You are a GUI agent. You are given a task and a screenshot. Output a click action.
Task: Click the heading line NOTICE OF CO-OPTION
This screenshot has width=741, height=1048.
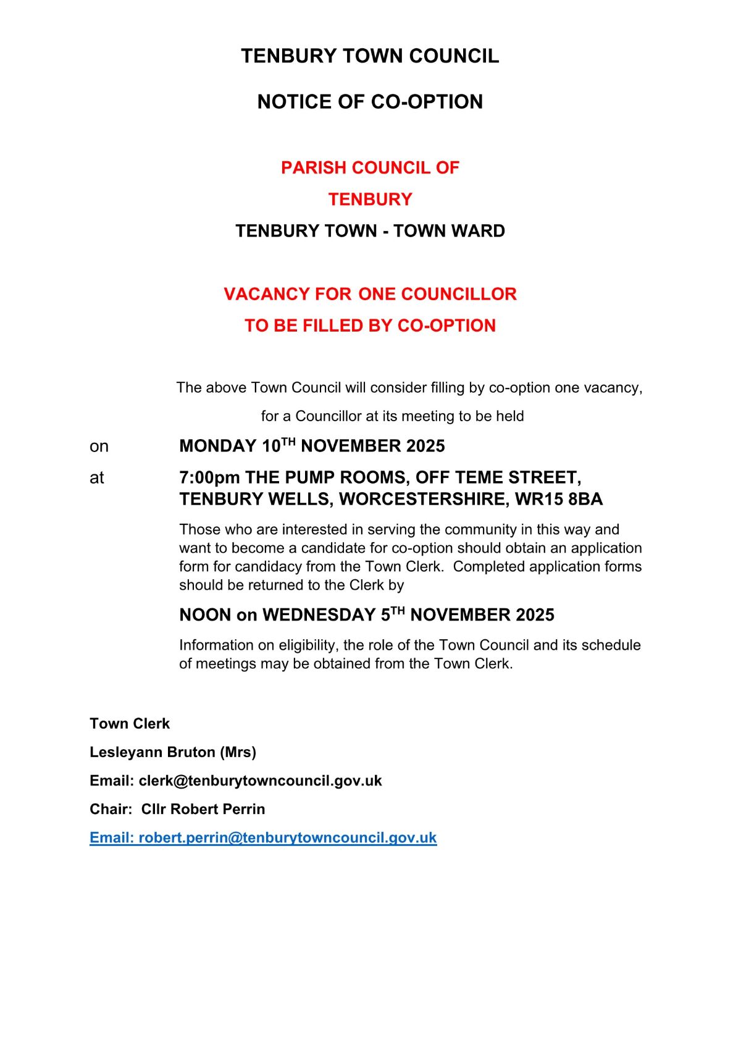pos(370,102)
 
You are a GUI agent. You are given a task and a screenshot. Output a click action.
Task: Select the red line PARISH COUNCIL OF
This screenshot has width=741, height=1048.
pos(370,168)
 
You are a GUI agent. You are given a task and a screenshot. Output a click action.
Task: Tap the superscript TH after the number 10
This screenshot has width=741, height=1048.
pos(288,441)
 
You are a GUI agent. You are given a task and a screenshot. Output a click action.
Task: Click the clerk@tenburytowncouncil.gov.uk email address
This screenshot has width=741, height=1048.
pos(260,781)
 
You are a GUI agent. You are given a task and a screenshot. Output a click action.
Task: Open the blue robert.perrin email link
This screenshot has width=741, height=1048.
pos(287,838)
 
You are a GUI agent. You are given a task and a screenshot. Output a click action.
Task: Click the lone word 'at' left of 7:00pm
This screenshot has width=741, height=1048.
pos(97,478)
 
